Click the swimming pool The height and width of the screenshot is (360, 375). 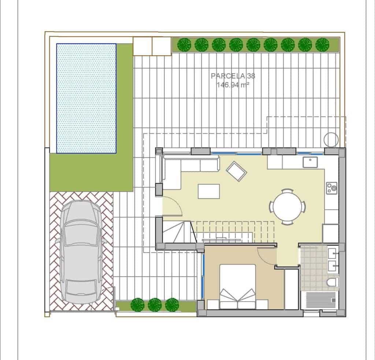click(86, 98)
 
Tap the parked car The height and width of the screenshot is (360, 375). click(81, 253)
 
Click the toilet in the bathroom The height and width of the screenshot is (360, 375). click(332, 283)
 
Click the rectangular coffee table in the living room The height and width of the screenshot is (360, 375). click(209, 191)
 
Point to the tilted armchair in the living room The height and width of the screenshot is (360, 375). click(236, 171)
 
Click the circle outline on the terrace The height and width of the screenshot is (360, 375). click(331, 139)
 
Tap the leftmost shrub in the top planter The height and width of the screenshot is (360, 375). click(184, 45)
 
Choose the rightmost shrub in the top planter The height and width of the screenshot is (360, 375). click(322, 45)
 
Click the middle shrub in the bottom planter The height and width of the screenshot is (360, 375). click(154, 304)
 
